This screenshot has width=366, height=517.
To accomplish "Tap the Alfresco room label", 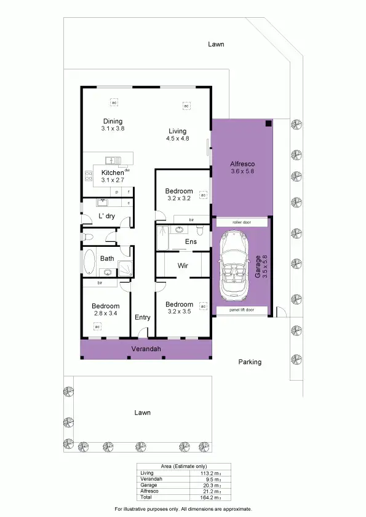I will point(242,164).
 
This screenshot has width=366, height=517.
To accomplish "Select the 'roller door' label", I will point(241,222).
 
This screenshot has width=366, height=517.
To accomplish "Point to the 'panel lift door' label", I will point(241,310).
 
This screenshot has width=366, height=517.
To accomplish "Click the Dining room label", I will point(113,122).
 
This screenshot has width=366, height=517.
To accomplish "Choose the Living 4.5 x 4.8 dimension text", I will point(177,139).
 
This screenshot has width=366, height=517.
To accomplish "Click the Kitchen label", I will point(113,173).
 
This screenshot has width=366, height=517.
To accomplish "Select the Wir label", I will point(182,266).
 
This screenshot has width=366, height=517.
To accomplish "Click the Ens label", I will point(191,242).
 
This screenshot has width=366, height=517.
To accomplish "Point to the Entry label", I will point(142,317).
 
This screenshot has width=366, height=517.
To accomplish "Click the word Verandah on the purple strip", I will point(146,349).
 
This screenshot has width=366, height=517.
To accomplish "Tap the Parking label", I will point(250,362).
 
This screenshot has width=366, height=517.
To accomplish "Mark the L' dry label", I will point(107,216).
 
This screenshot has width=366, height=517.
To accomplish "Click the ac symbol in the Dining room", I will point(113,102).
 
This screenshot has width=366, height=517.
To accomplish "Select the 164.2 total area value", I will point(212,497).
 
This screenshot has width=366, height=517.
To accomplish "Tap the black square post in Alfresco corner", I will point(268,123).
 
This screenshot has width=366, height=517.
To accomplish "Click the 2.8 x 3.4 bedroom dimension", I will point(105,313).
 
